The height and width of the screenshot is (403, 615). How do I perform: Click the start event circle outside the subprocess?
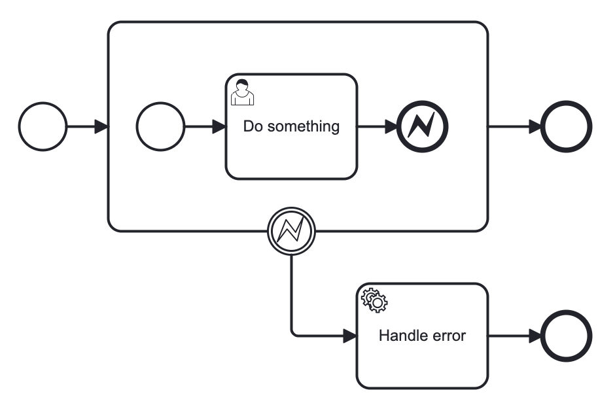click(x=43, y=126)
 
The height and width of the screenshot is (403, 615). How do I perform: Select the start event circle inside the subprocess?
click(x=161, y=126)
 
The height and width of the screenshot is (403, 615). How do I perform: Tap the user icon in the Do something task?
click(x=242, y=92)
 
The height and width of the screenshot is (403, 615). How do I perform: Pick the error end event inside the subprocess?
click(x=423, y=126)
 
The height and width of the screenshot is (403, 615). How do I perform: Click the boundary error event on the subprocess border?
click(x=292, y=231)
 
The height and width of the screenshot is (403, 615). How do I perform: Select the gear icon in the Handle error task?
click(x=375, y=299)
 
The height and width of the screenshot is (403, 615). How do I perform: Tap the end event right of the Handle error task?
click(x=567, y=336)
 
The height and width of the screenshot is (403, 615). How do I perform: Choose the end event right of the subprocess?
click(x=567, y=126)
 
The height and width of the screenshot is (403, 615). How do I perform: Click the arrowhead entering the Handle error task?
click(x=350, y=336)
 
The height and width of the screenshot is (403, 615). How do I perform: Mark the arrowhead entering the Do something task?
click(x=219, y=126)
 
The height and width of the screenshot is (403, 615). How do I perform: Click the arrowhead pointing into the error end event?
click(x=391, y=126)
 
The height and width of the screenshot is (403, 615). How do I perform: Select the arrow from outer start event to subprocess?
click(x=85, y=126)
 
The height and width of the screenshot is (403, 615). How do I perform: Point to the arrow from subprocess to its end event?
click(x=514, y=126)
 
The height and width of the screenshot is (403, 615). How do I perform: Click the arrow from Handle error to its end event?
click(x=514, y=336)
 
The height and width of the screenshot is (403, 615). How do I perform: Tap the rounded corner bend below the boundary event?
click(x=294, y=333)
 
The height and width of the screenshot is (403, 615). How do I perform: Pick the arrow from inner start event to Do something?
click(x=203, y=126)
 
